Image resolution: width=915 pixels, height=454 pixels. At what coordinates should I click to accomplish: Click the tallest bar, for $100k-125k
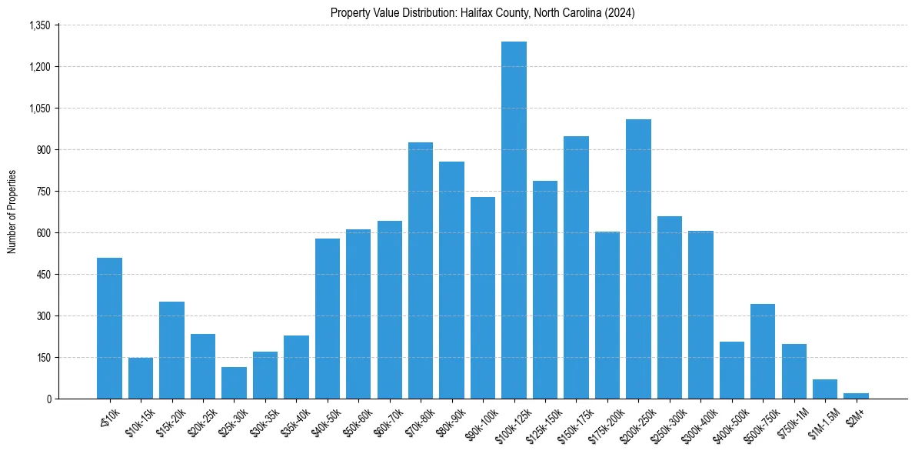(514, 220)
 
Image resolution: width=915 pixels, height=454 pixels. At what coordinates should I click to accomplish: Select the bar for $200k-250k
(638, 259)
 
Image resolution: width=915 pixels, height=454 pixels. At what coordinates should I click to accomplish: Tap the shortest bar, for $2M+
(856, 396)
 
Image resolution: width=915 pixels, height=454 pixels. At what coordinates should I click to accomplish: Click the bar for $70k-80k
(421, 270)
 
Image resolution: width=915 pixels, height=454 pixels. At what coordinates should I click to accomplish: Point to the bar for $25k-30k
(234, 382)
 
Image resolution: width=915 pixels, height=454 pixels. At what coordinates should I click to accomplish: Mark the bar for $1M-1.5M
(825, 389)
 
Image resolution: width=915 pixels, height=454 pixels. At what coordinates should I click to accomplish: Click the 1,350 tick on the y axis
(39, 25)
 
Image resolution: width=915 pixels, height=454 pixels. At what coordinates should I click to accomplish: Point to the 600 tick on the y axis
(43, 233)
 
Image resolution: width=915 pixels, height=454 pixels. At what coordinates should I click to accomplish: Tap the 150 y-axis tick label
(43, 358)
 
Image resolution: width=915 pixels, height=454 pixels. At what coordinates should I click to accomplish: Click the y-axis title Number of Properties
(12, 212)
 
